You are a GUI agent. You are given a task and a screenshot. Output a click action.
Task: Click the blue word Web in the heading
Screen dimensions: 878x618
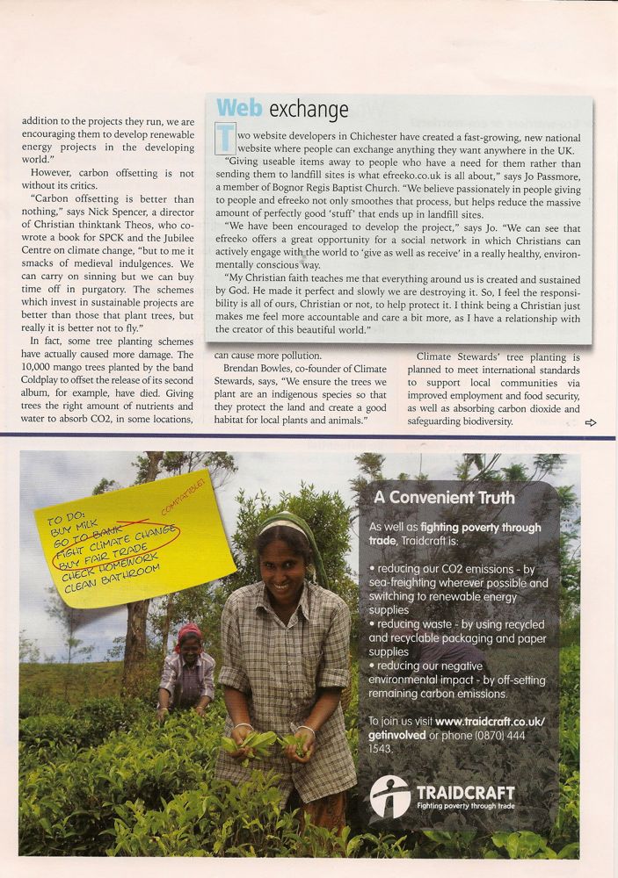point(239,108)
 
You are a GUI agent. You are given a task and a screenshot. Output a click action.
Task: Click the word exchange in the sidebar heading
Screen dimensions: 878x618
point(309,110)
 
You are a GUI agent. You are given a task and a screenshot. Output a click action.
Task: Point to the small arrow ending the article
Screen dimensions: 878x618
point(590,422)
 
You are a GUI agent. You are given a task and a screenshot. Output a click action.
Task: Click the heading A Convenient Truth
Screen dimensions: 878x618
point(444,497)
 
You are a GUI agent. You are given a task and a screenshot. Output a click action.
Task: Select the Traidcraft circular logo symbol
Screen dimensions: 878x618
point(389,796)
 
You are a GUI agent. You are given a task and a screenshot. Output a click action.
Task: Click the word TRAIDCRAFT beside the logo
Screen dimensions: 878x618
point(465,791)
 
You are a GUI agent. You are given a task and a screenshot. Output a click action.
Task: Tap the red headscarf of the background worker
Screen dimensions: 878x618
point(188,631)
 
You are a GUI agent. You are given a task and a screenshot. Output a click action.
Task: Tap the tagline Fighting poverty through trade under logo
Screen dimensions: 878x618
point(465,805)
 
